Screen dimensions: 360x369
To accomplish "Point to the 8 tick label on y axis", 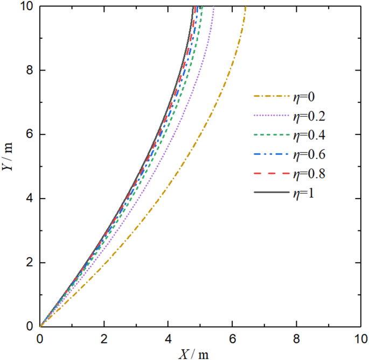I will tap(27, 70).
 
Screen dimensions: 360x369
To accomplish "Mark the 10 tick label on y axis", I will tap(24, 6).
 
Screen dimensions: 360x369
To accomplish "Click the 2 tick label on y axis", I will tap(27, 263).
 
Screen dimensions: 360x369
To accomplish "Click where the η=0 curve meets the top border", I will tap(245, 6).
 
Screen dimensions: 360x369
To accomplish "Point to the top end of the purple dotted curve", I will tap(214, 6).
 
